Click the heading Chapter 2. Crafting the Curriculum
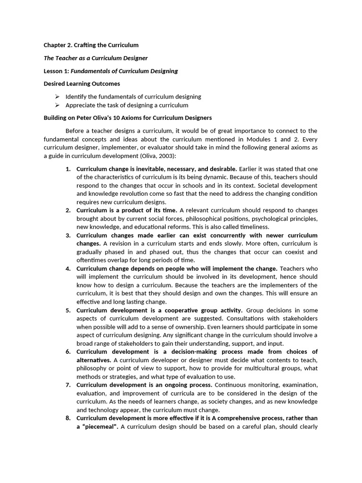pos(91,45)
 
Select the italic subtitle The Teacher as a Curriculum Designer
pos(96,58)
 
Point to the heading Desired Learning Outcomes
pos(82,83)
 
